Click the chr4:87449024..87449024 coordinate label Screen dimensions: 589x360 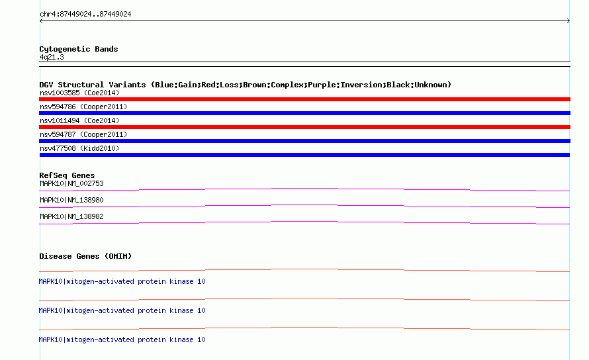pyautogui.click(x=85, y=15)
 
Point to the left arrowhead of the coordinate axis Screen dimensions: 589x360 pyautogui.click(x=41, y=21)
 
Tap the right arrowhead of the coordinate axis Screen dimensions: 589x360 pyautogui.click(x=568, y=21)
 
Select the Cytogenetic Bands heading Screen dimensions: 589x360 pyautogui.click(x=79, y=49)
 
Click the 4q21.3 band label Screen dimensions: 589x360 pyautogui.click(x=52, y=57)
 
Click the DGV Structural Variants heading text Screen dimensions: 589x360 pyautogui.click(x=245, y=85)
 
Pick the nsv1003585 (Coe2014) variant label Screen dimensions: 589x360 pyautogui.click(x=79, y=93)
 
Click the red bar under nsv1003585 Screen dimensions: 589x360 pyautogui.click(x=304, y=99)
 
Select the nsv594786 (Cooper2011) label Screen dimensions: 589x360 pyautogui.click(x=83, y=107)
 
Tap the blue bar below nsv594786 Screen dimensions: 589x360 pyautogui.click(x=304, y=113)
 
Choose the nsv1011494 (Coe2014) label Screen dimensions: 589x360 pyautogui.click(x=79, y=120)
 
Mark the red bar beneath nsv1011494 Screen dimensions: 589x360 pyautogui.click(x=304, y=127)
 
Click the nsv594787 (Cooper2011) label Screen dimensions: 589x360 pyautogui.click(x=83, y=134)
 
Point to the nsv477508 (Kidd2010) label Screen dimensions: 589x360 pyautogui.click(x=79, y=148)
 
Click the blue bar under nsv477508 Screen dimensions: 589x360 pyautogui.click(x=304, y=155)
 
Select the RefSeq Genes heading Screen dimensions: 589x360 pyautogui.click(x=67, y=175)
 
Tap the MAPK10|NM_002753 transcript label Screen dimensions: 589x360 pyautogui.click(x=71, y=183)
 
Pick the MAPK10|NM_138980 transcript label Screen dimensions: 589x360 pyautogui.click(x=71, y=200)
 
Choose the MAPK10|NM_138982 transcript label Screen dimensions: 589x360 pyautogui.click(x=71, y=216)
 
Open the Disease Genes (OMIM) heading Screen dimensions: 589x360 pyautogui.click(x=85, y=256)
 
